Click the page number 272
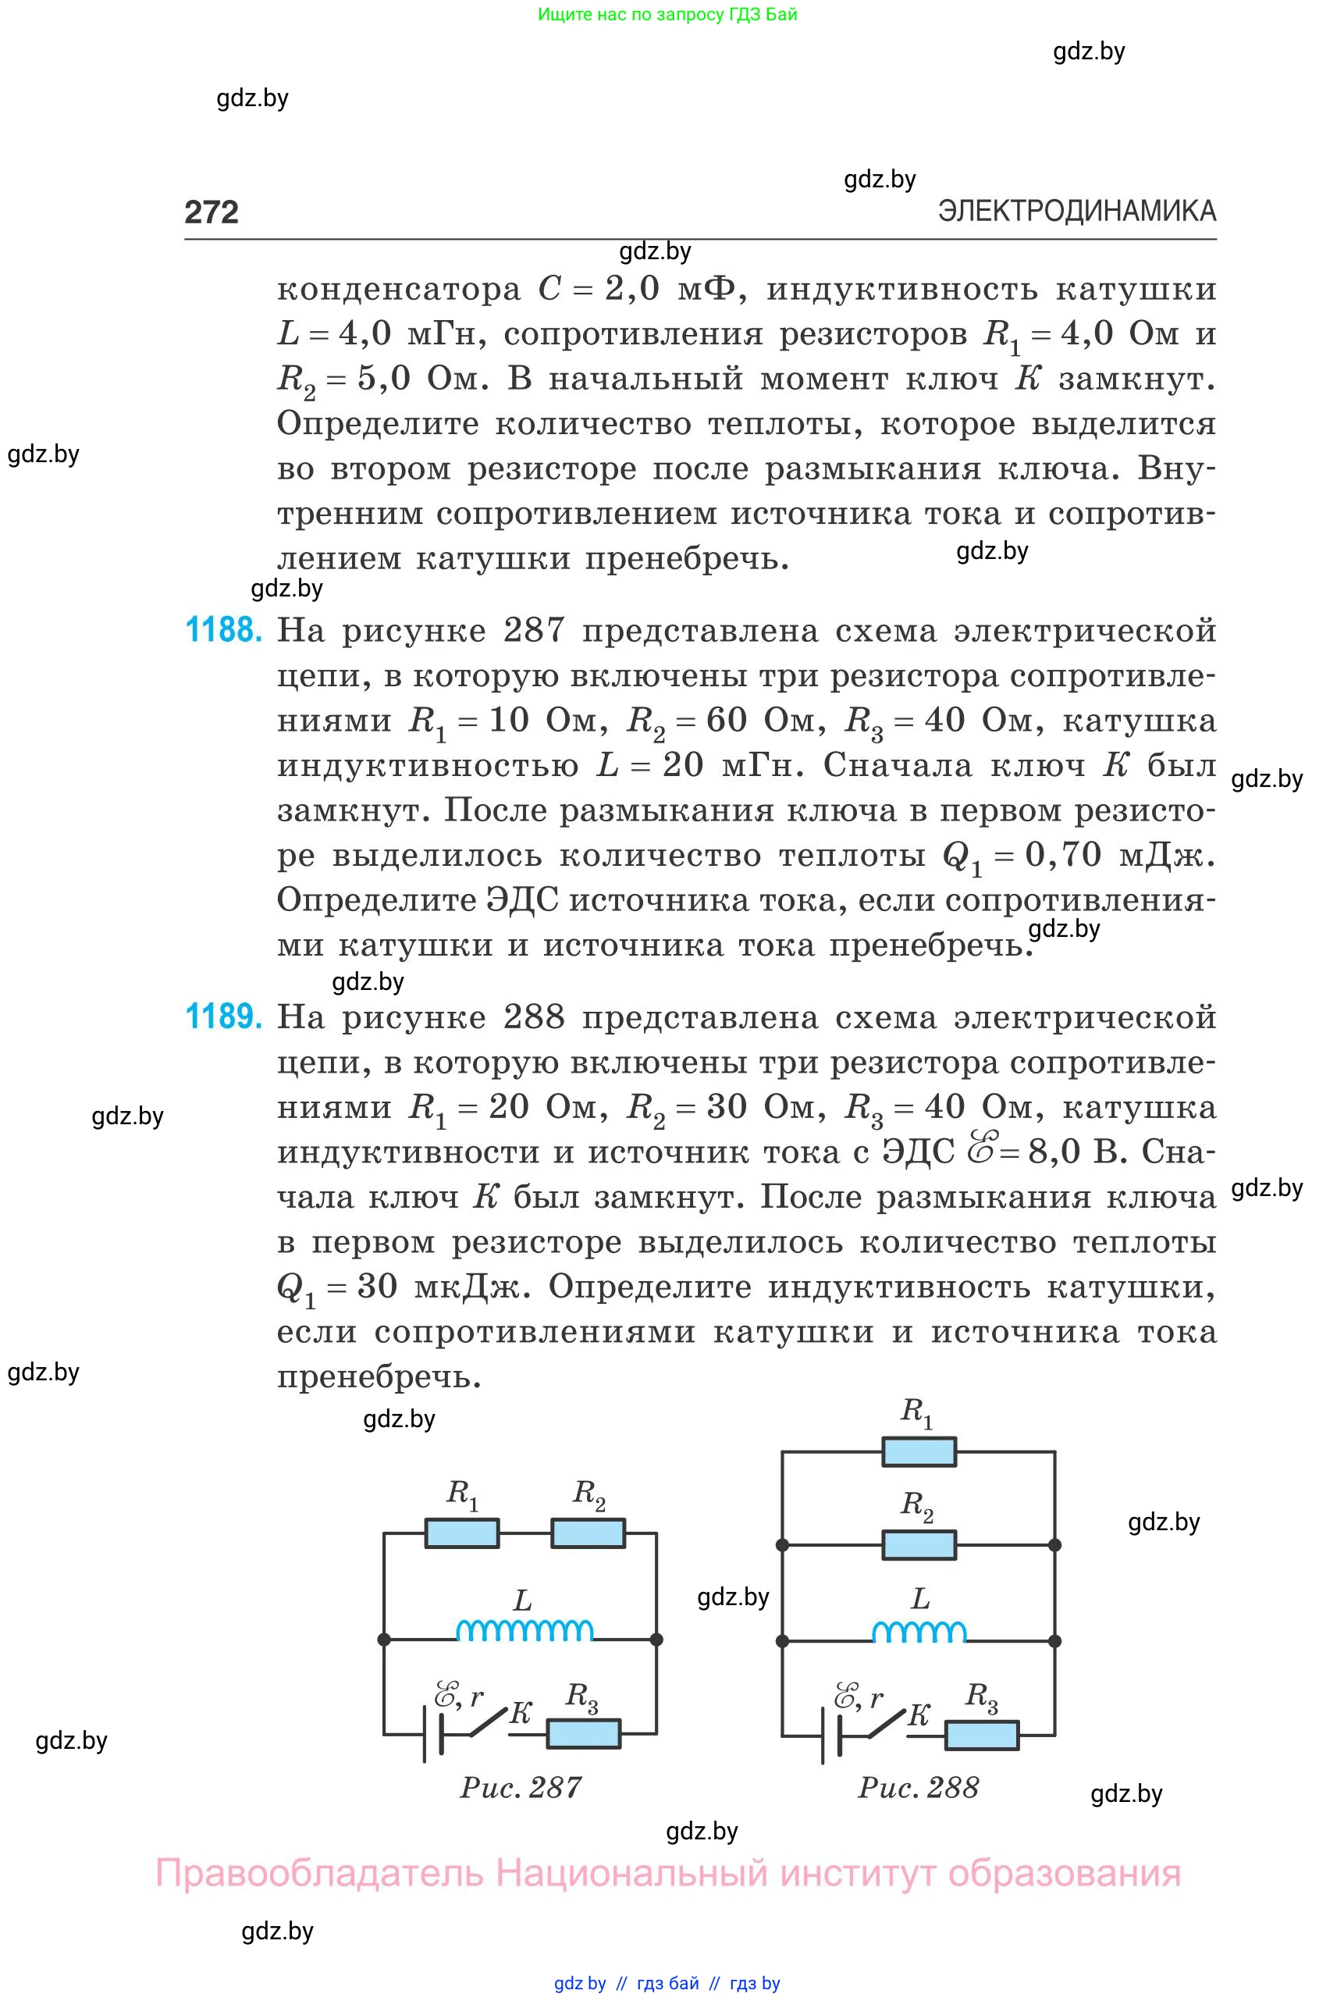click(x=212, y=212)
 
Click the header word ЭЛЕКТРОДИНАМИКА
click(x=1076, y=211)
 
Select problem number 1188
click(x=223, y=630)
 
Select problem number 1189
click(x=223, y=1017)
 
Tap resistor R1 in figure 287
click(x=461, y=1533)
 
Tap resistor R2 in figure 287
click(x=588, y=1533)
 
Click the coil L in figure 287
click(x=524, y=1630)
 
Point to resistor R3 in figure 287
click(x=583, y=1733)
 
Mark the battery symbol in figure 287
click(x=432, y=1733)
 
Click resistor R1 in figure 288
click(x=919, y=1451)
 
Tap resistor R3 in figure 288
click(x=981, y=1735)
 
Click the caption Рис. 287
click(x=521, y=1787)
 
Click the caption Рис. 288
click(x=919, y=1787)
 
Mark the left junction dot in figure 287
click(x=384, y=1640)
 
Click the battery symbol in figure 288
click(x=830, y=1735)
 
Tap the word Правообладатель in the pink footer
click(x=319, y=1874)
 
